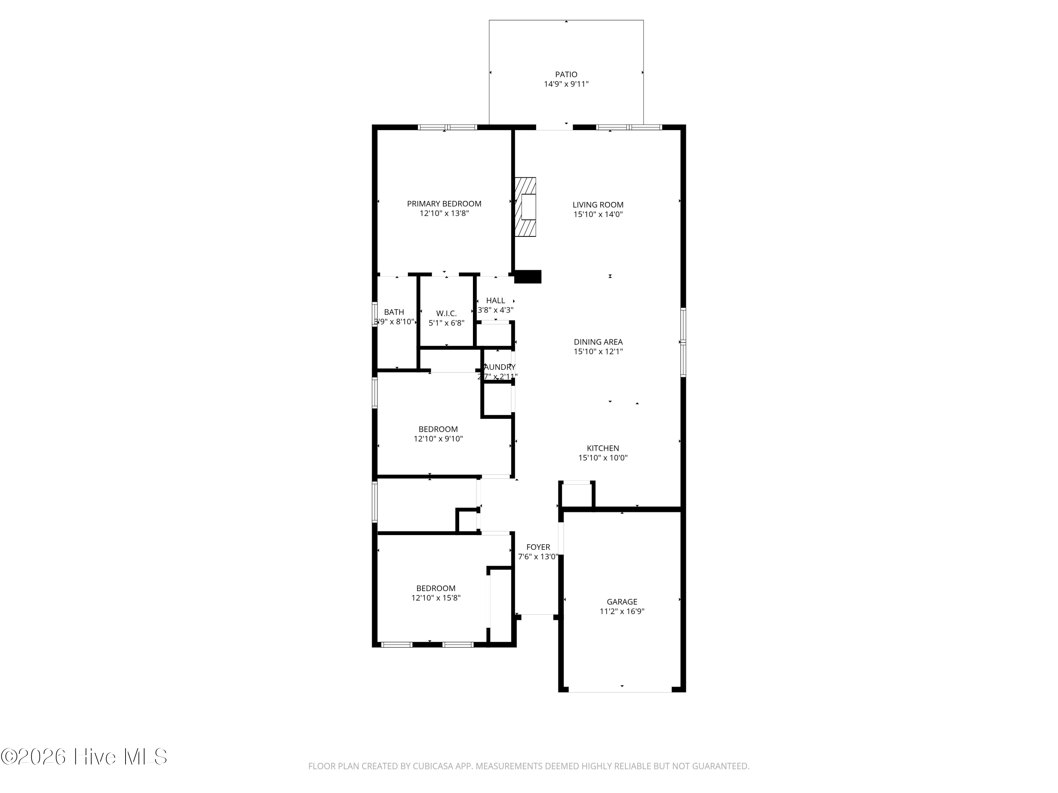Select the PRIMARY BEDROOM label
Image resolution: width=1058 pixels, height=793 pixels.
coord(444,204)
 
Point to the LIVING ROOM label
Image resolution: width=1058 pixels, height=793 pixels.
coord(598,204)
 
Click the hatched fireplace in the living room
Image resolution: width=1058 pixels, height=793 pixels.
coord(525,207)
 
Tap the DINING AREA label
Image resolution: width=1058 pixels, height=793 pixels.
coord(598,342)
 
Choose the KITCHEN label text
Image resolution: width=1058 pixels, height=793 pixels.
coord(603,448)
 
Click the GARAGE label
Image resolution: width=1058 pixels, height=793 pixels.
coord(622,602)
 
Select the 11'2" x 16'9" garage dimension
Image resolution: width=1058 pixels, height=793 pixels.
coord(622,611)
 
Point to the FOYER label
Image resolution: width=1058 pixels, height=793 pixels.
coord(538,547)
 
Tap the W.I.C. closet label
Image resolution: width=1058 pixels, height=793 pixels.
coord(446,314)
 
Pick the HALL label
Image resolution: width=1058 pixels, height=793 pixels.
coord(495,301)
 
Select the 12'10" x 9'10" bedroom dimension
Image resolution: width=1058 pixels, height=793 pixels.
coord(438,439)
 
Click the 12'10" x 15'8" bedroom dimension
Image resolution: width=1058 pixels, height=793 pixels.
coord(436,598)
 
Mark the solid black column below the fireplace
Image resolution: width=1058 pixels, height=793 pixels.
coord(528,277)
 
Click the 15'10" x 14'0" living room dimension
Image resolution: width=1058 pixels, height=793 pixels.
coord(598,215)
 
